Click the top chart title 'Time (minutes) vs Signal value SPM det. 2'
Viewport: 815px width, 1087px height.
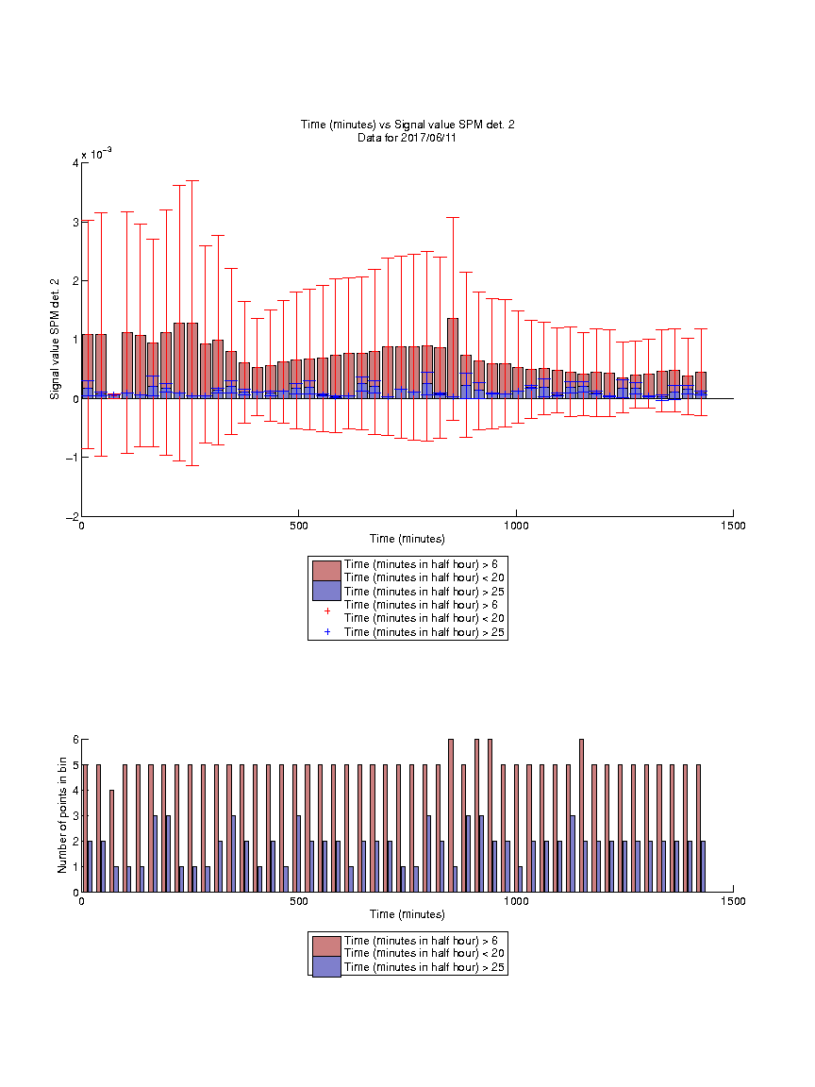[407, 125]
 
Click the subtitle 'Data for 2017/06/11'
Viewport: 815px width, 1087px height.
[407, 137]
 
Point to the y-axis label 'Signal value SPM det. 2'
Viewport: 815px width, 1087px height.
[55, 339]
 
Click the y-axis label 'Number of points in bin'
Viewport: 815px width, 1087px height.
[62, 815]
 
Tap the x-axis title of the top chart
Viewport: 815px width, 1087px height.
[407, 539]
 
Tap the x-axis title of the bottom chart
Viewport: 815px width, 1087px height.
[407, 914]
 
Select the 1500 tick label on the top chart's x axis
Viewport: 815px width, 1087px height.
[733, 526]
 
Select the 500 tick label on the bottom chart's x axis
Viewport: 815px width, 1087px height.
[299, 901]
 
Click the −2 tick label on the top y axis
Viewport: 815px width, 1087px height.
[72, 517]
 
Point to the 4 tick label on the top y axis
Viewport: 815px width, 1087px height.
[75, 163]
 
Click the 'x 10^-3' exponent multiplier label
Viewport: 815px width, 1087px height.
[96, 153]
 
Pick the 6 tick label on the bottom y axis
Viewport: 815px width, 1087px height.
[75, 740]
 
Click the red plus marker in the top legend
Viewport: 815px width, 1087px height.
[327, 611]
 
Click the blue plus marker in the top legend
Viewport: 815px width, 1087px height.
[327, 632]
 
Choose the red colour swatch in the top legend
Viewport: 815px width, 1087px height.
[326, 571]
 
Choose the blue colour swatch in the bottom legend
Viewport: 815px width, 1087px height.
[326, 967]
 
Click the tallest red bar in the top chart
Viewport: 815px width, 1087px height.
[453, 359]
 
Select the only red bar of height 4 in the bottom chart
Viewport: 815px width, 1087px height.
[111, 841]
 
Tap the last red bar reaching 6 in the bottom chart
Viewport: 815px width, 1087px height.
[581, 816]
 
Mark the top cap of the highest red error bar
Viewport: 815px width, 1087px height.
[192, 181]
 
